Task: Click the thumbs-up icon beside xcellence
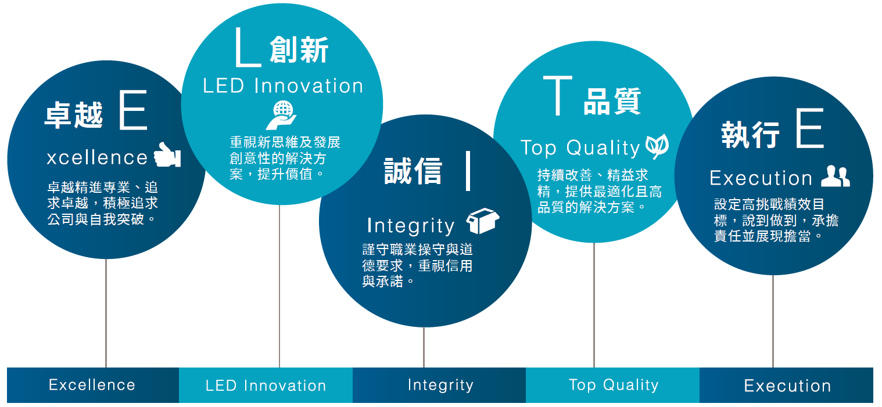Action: point(167,154)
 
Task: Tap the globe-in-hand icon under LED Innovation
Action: point(281,115)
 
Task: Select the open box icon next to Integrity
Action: point(482,221)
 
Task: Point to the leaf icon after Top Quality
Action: point(657,146)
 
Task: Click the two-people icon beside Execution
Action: point(836,175)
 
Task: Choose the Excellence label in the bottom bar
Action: point(92,385)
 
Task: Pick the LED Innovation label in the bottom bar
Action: point(266,386)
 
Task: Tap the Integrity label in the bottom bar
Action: point(440,386)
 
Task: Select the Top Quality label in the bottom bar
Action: point(614,386)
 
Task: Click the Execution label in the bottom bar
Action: point(787,386)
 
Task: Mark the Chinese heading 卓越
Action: point(74,114)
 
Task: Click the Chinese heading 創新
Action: point(299,49)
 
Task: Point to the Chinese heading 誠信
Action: point(413,171)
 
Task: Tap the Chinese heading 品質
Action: point(612,101)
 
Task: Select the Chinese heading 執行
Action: point(750,135)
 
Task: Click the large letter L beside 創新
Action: point(248,46)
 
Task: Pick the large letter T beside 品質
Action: point(558,96)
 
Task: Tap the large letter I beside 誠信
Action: point(468,171)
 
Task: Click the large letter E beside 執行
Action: point(810,128)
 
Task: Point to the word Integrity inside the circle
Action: point(411,226)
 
